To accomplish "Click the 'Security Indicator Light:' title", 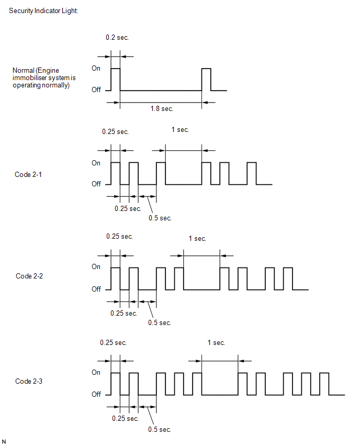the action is [43, 11].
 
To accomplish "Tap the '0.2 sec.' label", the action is [117, 38].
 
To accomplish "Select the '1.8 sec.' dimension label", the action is [162, 109].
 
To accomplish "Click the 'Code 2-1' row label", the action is [28, 174].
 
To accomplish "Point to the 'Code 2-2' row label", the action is [29, 276].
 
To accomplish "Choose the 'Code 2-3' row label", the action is [29, 381].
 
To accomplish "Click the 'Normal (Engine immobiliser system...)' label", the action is [44, 77].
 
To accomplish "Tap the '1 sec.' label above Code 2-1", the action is [180, 130].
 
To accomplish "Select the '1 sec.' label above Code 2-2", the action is [197, 238].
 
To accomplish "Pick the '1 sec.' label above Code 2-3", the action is [216, 343].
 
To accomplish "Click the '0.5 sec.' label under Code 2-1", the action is [160, 218].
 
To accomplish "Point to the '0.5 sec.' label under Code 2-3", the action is [160, 429].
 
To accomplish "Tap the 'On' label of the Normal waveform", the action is [96, 68].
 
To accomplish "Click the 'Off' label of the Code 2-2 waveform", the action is [96, 289].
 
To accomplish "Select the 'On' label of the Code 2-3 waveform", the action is [96, 372].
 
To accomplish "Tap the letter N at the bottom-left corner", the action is [4, 442].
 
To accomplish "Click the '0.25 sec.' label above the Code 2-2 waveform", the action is [119, 237].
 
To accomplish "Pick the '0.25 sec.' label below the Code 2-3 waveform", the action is [125, 418].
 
